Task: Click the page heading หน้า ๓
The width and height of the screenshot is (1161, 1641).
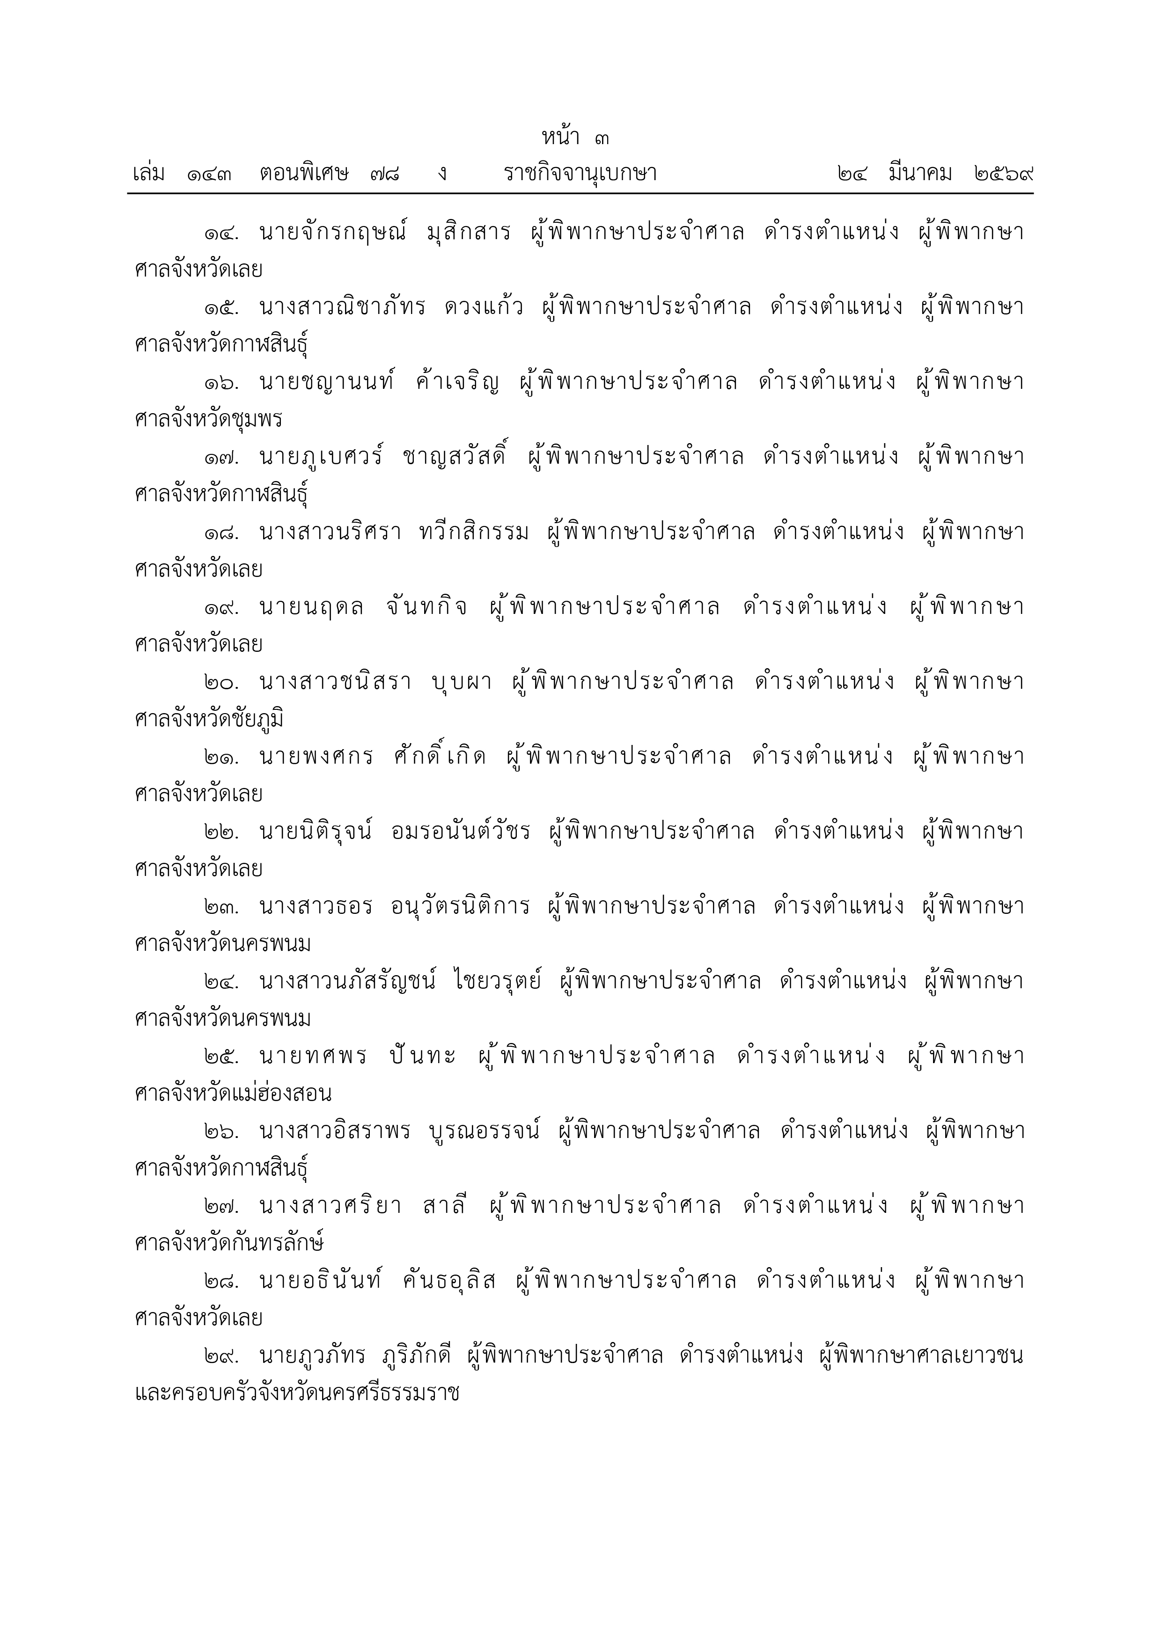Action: click(575, 137)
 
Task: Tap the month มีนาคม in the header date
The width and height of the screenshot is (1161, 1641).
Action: click(921, 174)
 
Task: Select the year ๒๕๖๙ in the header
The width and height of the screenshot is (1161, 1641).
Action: click(1005, 174)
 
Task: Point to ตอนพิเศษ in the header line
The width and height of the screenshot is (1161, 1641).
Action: click(304, 174)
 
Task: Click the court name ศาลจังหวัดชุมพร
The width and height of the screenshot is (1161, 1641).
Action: click(208, 420)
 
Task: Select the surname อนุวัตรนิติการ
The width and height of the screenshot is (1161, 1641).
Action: click(461, 907)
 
